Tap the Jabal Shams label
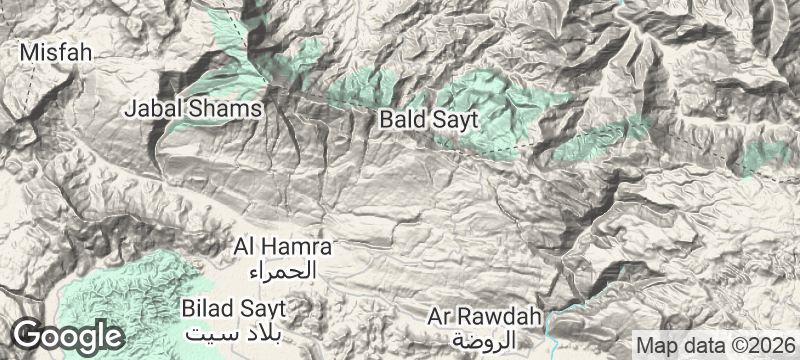[x=194, y=108]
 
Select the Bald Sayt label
[x=429, y=121]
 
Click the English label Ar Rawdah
[x=484, y=317]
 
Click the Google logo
[x=68, y=334]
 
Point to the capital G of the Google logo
[x=28, y=333]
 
